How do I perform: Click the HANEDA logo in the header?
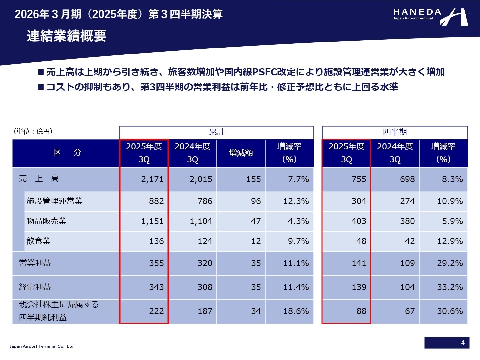431,16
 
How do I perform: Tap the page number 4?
463,343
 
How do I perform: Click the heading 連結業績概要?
67,36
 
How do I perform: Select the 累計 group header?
217,132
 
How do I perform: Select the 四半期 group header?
395,132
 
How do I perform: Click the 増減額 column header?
241,153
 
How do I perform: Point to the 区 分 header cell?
67,153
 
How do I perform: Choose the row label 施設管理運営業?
54,201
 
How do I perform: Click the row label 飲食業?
38,241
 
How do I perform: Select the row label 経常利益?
35,287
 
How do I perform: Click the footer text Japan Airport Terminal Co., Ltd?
42,346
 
